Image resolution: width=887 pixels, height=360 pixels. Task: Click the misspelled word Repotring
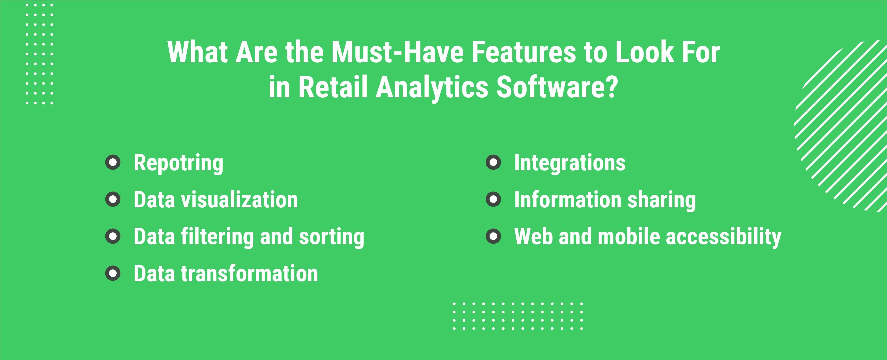(x=178, y=163)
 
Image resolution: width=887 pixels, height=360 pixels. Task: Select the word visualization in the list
(x=239, y=200)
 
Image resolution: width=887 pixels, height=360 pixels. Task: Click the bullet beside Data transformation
(x=113, y=273)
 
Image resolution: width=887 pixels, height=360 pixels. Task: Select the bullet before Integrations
(x=493, y=162)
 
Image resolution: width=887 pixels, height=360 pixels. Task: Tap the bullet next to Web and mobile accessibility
(x=493, y=236)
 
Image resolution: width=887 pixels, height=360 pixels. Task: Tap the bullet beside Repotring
(x=113, y=162)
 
